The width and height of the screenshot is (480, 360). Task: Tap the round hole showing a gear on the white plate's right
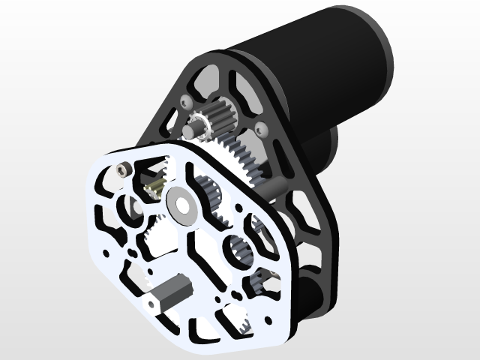pyautogui.click(x=238, y=248)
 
